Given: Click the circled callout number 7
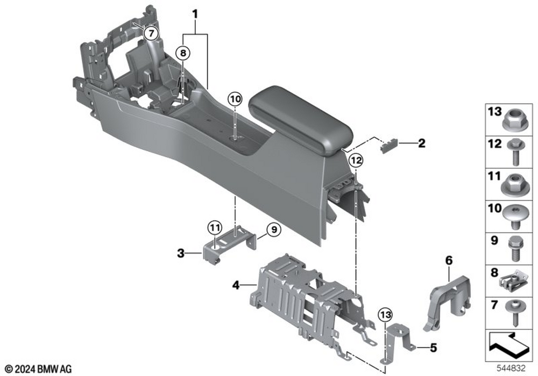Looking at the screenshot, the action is tap(152, 33).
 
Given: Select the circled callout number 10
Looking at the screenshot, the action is tap(235, 99).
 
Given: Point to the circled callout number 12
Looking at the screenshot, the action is tap(355, 160).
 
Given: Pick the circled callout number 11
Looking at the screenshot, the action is tap(215, 227).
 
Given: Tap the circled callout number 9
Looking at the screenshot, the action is tap(273, 230).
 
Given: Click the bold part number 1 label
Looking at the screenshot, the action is tap(195, 12).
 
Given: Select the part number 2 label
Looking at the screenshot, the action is tap(421, 143).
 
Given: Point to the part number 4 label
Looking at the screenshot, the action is tap(235, 285).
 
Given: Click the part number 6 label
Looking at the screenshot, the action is tap(448, 261).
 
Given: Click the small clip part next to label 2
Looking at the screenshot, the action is tap(388, 146).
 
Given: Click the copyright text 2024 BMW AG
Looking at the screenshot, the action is tap(39, 368).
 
